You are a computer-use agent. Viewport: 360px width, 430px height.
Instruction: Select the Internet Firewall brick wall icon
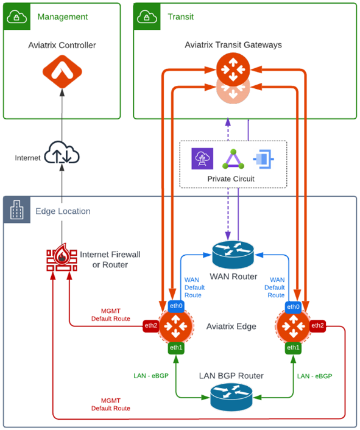(62, 259)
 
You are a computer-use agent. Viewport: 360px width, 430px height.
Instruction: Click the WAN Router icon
(232, 255)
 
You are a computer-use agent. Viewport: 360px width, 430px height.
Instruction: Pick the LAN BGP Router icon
(231, 397)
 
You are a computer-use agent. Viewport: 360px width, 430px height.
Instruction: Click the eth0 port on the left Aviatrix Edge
(175, 306)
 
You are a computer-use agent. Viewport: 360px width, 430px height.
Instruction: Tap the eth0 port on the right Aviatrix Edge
(293, 306)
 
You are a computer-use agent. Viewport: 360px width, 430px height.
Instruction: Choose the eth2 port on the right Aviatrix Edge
(317, 325)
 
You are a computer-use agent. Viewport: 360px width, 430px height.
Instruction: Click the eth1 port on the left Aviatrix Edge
(175, 347)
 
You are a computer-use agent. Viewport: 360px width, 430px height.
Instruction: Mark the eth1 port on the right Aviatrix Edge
(293, 347)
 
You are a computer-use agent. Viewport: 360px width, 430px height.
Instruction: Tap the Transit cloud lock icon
(146, 16)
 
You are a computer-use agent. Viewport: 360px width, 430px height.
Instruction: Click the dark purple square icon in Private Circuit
(202, 159)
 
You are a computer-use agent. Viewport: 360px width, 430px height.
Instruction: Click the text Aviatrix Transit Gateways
(233, 45)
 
